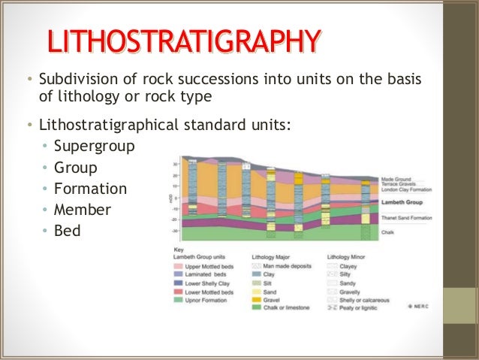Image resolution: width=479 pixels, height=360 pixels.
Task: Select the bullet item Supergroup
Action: pyautogui.click(x=95, y=146)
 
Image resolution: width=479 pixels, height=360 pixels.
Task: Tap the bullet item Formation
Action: pyautogui.click(x=90, y=188)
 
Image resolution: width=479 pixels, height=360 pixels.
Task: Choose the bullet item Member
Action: pyautogui.click(x=83, y=209)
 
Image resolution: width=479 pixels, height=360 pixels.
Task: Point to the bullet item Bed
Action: pyautogui.click(x=67, y=230)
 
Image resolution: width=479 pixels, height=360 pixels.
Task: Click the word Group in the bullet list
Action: pyautogui.click(x=76, y=167)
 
